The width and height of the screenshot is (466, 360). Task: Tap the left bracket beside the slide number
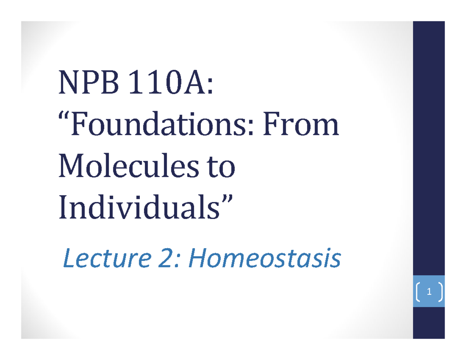(x=418, y=292)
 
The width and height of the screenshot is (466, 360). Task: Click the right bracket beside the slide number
(x=440, y=292)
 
